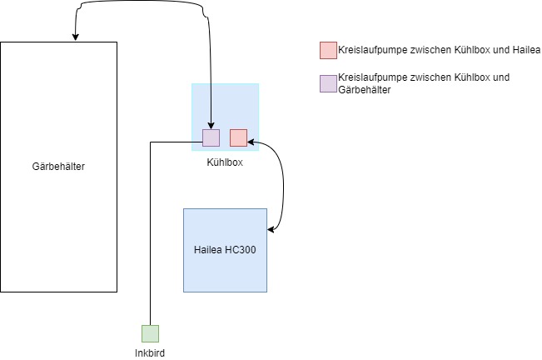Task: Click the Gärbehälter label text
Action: point(58,167)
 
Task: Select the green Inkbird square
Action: point(150,333)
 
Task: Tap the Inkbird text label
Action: point(150,352)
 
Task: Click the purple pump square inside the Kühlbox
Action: point(211,138)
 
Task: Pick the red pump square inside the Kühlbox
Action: point(239,138)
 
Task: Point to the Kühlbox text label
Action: point(225,162)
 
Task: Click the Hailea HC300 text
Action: point(225,251)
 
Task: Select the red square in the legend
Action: point(328,50)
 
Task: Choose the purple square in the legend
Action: point(328,82)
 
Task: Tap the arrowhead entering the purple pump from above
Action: point(211,126)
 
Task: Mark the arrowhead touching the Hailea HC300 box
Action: point(271,230)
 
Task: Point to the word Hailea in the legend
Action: point(526,51)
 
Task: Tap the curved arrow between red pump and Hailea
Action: point(284,183)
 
